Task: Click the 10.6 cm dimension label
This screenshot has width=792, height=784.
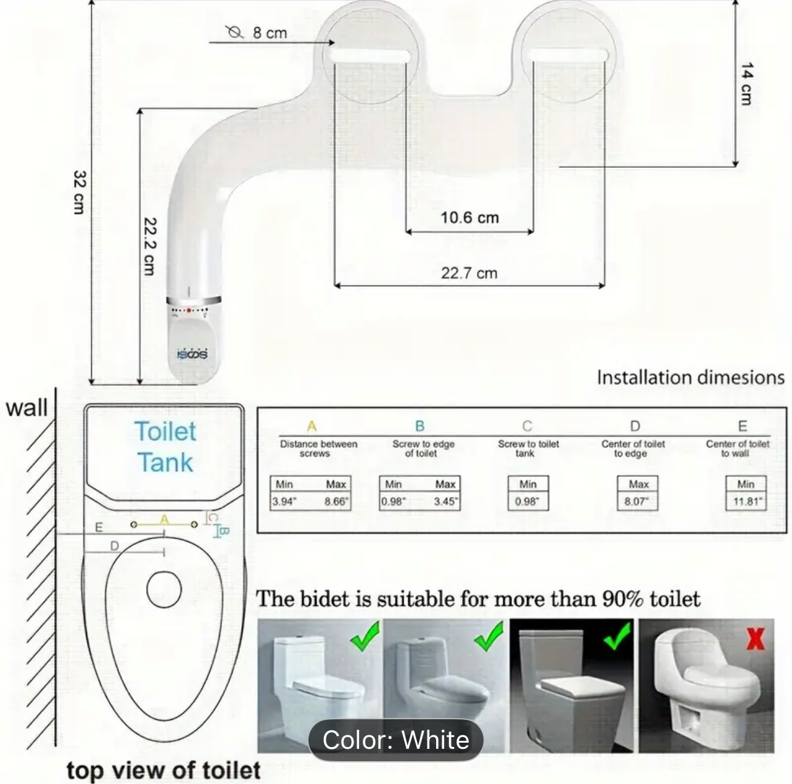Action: click(x=469, y=218)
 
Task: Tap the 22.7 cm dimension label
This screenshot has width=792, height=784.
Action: click(x=469, y=273)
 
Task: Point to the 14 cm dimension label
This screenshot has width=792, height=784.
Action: click(x=746, y=84)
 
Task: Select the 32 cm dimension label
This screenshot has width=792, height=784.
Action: click(x=80, y=192)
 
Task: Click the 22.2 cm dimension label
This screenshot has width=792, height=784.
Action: click(x=150, y=246)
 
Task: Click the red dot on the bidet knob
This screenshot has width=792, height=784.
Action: click(x=189, y=310)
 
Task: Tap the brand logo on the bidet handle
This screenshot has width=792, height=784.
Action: click(x=192, y=353)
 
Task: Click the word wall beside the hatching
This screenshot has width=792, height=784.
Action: click(x=27, y=408)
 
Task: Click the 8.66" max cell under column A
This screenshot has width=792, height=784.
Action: click(x=336, y=501)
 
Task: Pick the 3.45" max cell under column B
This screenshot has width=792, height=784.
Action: click(x=445, y=501)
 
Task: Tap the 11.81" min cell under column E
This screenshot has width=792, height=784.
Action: click(x=746, y=501)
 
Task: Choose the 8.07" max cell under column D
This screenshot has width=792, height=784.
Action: click(x=637, y=501)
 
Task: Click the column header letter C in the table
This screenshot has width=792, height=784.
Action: click(x=527, y=426)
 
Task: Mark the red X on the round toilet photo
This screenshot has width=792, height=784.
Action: click(x=755, y=638)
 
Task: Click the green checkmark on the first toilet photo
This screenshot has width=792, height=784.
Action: click(x=365, y=637)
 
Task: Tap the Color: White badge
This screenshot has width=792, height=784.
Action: click(x=395, y=740)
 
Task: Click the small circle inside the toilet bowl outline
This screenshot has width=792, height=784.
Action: click(x=164, y=588)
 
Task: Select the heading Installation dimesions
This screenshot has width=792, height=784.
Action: click(x=690, y=378)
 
